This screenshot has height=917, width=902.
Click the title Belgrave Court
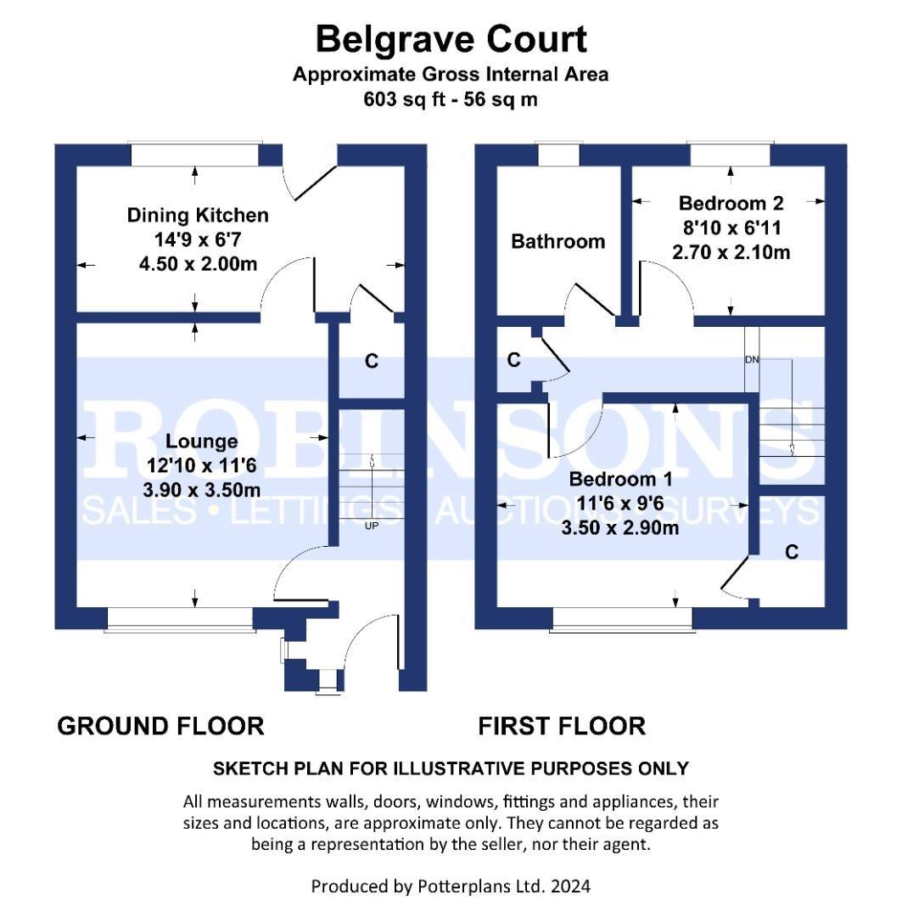(451, 39)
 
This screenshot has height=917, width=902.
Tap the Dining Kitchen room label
(198, 215)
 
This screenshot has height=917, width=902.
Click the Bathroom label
(557, 241)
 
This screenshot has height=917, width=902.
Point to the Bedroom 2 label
(730, 204)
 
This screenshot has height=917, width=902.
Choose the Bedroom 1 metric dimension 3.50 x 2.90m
(620, 527)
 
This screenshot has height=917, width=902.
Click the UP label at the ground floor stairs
(371, 526)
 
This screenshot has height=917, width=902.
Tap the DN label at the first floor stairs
(751, 360)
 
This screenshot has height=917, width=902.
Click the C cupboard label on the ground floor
(371, 362)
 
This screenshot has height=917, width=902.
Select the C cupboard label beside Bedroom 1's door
(791, 552)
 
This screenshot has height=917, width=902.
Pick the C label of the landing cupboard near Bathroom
(513, 360)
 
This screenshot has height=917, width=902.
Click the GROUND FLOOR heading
(160, 726)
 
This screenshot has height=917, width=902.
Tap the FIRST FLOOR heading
(562, 726)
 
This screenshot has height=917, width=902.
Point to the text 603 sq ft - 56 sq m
(451, 99)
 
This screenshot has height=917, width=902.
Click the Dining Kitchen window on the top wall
(195, 154)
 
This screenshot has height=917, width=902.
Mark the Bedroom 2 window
(730, 154)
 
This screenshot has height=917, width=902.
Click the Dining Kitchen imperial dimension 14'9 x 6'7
(198, 240)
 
